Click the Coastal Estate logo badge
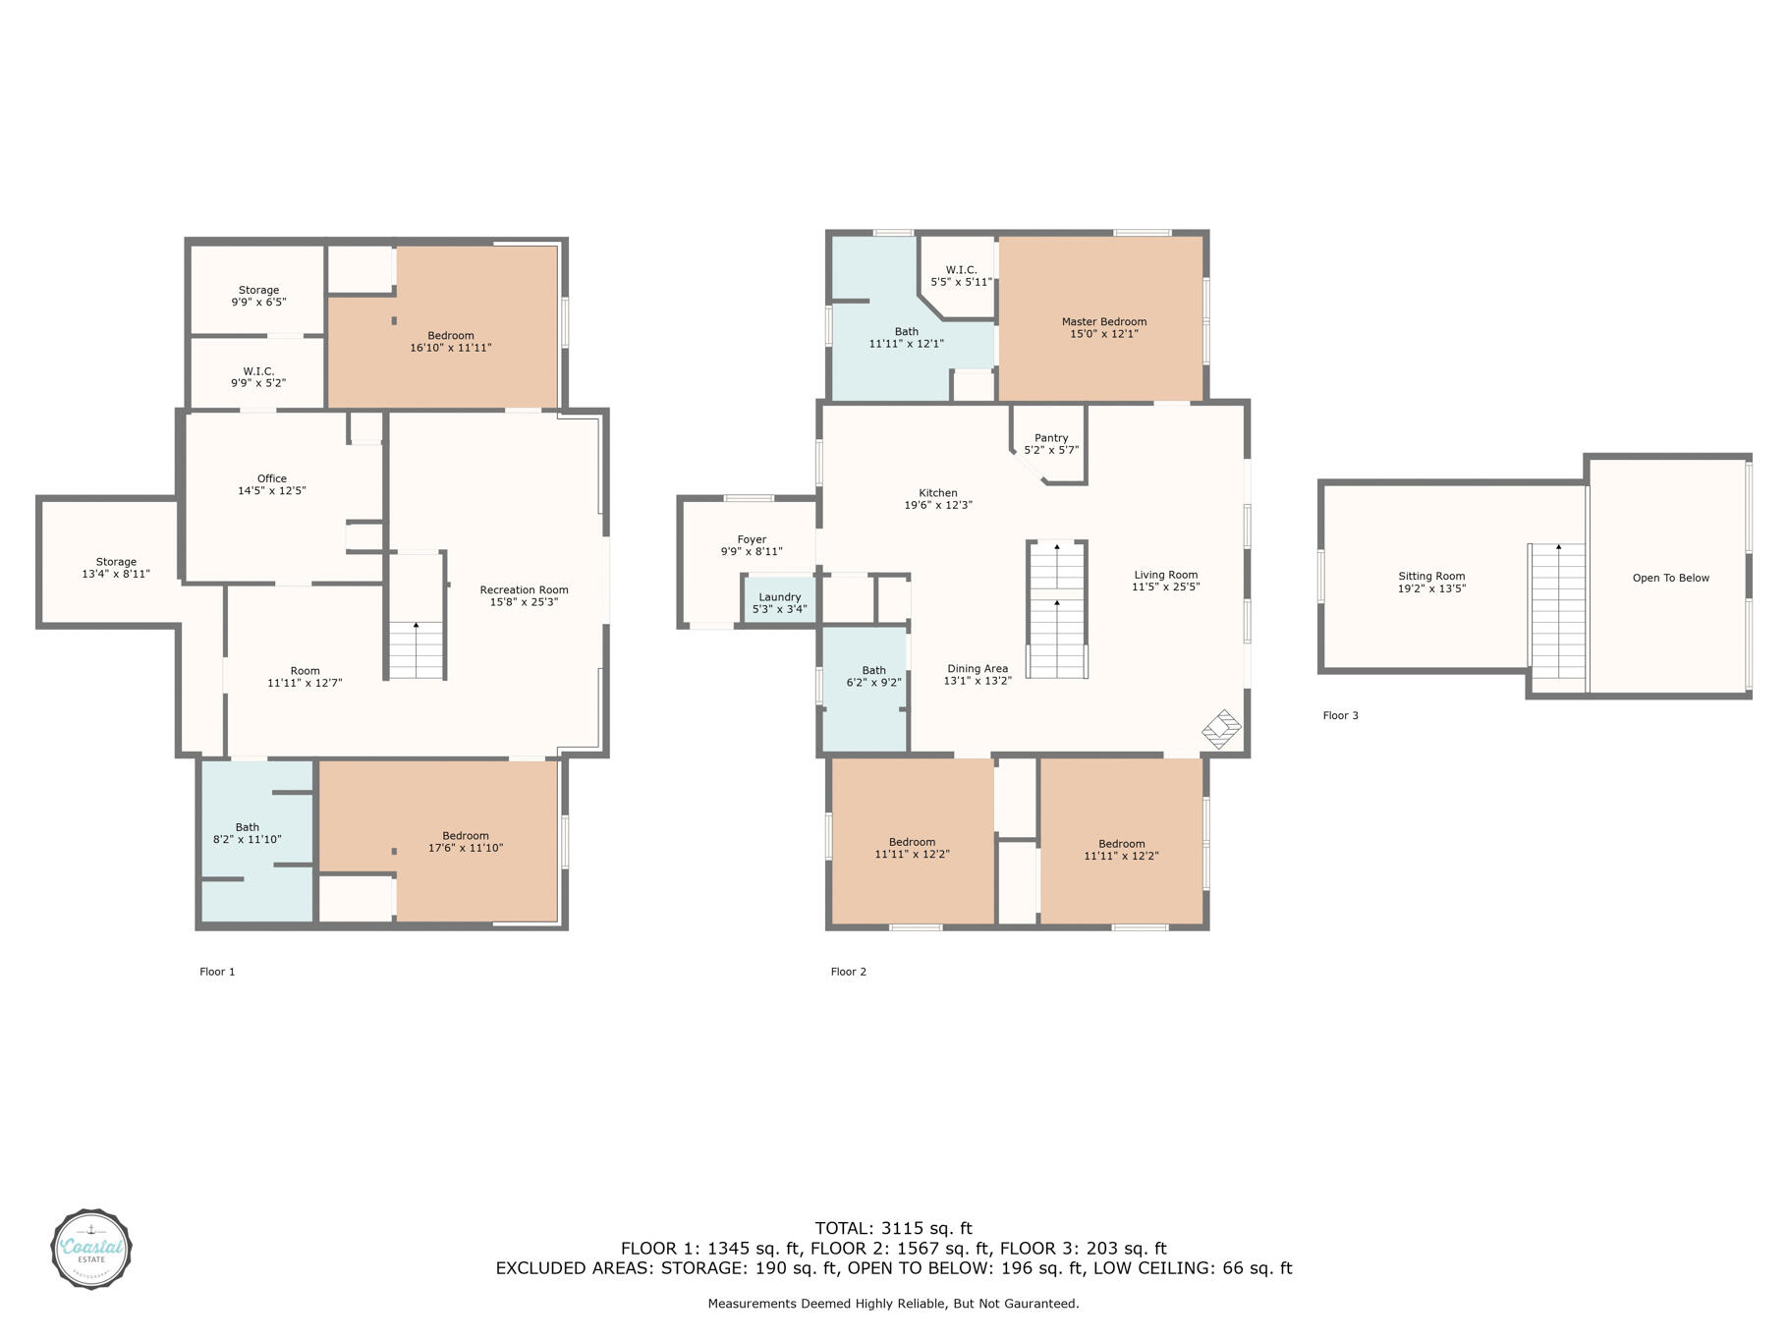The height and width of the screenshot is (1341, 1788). pos(91,1249)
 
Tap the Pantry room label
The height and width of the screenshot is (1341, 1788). pos(1051,439)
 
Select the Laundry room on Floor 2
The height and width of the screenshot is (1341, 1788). pos(779,602)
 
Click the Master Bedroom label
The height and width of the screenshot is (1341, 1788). pos(1103,322)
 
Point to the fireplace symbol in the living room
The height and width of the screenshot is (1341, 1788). pos(1221,730)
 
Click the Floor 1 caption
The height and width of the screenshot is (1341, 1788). pos(217,972)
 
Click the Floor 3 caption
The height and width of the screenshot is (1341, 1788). pos(1340,715)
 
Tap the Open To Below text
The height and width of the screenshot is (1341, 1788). pos(1670,578)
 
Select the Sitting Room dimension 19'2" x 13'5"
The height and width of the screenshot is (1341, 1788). pos(1431,589)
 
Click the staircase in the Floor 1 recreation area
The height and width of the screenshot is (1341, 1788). pos(416,649)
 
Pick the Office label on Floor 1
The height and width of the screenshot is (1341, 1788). pos(272,478)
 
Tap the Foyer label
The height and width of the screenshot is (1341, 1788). pos(752,539)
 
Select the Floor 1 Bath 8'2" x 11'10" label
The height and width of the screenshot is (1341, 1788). pos(248,833)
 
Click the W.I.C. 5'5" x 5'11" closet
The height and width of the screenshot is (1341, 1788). pos(961,276)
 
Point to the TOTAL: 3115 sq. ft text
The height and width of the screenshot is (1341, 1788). pos(893,1228)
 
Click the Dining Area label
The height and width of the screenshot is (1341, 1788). pos(977,669)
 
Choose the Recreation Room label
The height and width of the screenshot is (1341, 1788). pos(524,590)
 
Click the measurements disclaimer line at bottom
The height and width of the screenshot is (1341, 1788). pos(893,1304)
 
